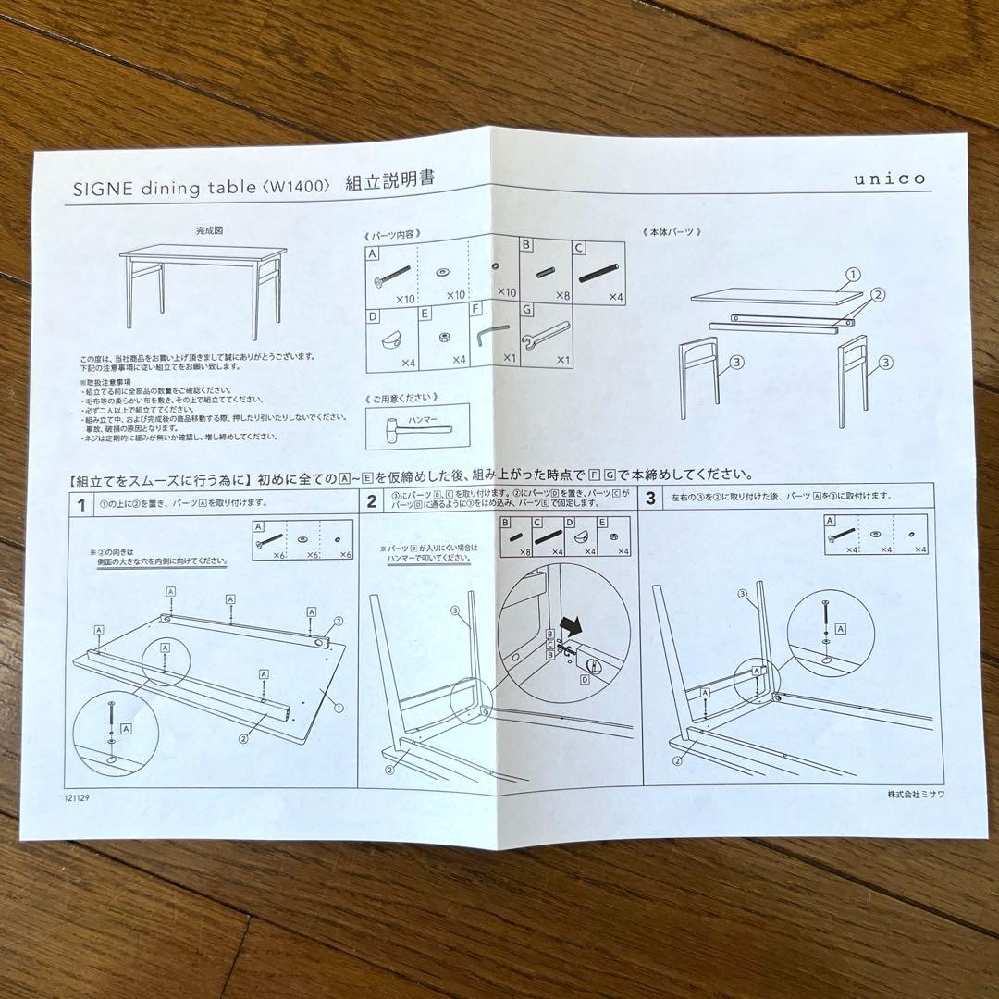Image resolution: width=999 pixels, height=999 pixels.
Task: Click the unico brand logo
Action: click(889, 179)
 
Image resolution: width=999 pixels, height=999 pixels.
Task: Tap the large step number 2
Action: click(372, 501)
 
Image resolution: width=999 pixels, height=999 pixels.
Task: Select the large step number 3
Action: click(650, 499)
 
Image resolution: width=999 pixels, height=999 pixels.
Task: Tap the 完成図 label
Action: click(209, 229)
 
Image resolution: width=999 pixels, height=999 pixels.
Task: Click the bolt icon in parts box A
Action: click(392, 274)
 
